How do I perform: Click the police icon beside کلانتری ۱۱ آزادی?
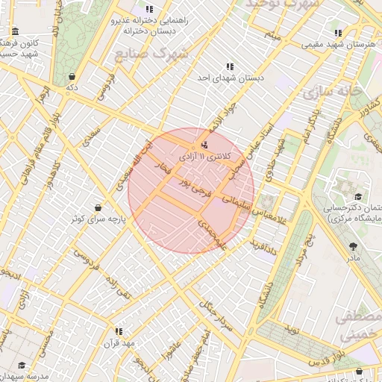[204, 145]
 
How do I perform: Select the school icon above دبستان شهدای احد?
[229, 66]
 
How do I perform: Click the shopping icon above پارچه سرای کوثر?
[98, 207]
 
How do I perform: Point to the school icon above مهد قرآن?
[119, 331]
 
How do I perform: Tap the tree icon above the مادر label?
[353, 245]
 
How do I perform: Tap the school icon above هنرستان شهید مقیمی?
[339, 33]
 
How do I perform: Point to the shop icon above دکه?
[72, 76]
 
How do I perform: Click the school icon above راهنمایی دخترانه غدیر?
[149, 9]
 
